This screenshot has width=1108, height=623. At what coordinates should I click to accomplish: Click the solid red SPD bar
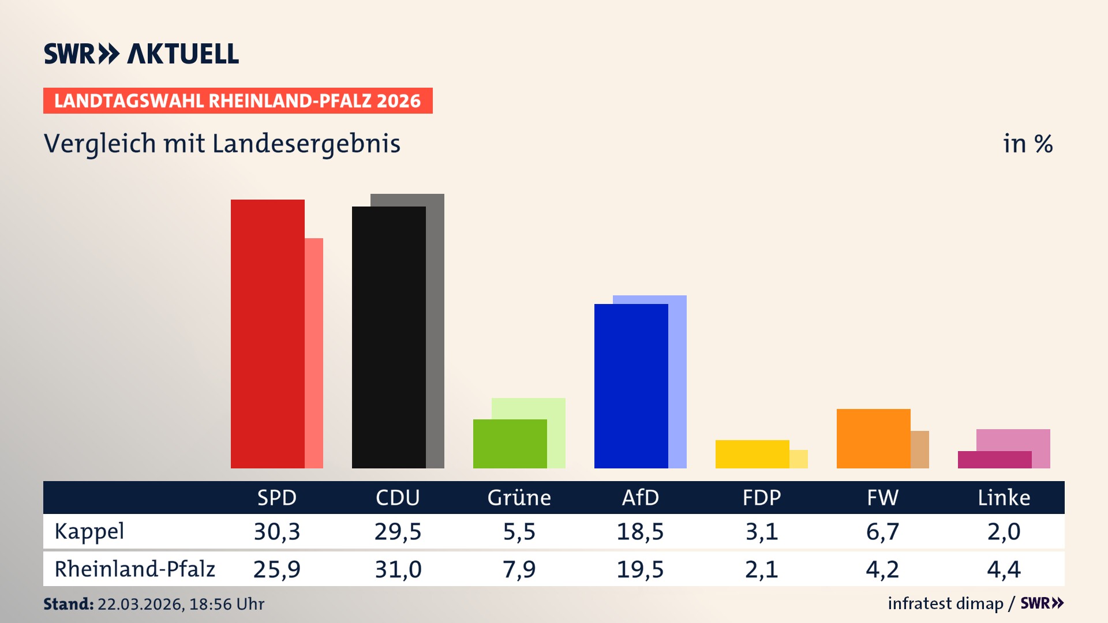pos(267,334)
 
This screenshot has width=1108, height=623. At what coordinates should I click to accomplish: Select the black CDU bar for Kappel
pos(388,337)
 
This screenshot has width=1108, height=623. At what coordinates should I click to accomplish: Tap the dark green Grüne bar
pos(510,444)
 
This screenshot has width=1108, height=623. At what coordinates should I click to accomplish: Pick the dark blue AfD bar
pos(631,386)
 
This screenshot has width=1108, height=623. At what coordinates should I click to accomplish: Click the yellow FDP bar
pos(752,454)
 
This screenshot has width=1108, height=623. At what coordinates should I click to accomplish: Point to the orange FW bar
pos(873,438)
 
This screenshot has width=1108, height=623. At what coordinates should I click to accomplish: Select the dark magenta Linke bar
pos(994,460)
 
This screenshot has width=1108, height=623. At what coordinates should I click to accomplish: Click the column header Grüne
pos(519,498)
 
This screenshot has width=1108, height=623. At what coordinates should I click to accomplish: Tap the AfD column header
pos(640,498)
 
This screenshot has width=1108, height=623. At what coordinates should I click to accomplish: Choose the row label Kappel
pos(89,531)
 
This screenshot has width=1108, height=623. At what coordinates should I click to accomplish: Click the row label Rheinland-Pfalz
pos(134,569)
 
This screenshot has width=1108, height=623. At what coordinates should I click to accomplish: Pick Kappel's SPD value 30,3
pos(277,531)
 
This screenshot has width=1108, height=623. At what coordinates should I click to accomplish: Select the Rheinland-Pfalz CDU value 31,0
pos(398,569)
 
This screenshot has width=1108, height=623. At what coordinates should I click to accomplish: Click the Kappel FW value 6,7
pos(882,531)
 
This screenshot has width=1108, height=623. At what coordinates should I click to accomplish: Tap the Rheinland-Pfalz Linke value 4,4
pos(1004,569)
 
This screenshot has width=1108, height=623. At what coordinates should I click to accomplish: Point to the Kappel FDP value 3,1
pos(761,531)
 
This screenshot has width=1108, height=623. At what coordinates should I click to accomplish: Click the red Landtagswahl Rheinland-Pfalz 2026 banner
pos(238,101)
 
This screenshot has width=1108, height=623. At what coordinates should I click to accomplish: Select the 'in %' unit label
pos(1028,144)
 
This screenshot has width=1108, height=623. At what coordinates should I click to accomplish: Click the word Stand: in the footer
pos(68,604)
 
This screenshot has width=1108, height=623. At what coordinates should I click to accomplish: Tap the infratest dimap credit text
pos(945,603)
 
